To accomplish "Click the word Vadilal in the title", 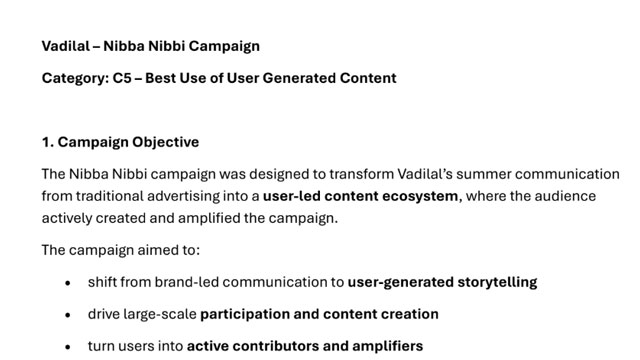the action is click(x=66, y=46).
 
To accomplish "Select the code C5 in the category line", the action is click(x=122, y=78).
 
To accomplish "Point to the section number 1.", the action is click(x=47, y=142).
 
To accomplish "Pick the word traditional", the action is click(x=109, y=196).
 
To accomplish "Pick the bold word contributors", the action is click(x=276, y=346).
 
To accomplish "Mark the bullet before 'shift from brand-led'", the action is click(x=68, y=283).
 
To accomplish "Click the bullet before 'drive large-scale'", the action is click(x=68, y=315).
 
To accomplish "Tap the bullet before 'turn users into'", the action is click(x=68, y=347).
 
